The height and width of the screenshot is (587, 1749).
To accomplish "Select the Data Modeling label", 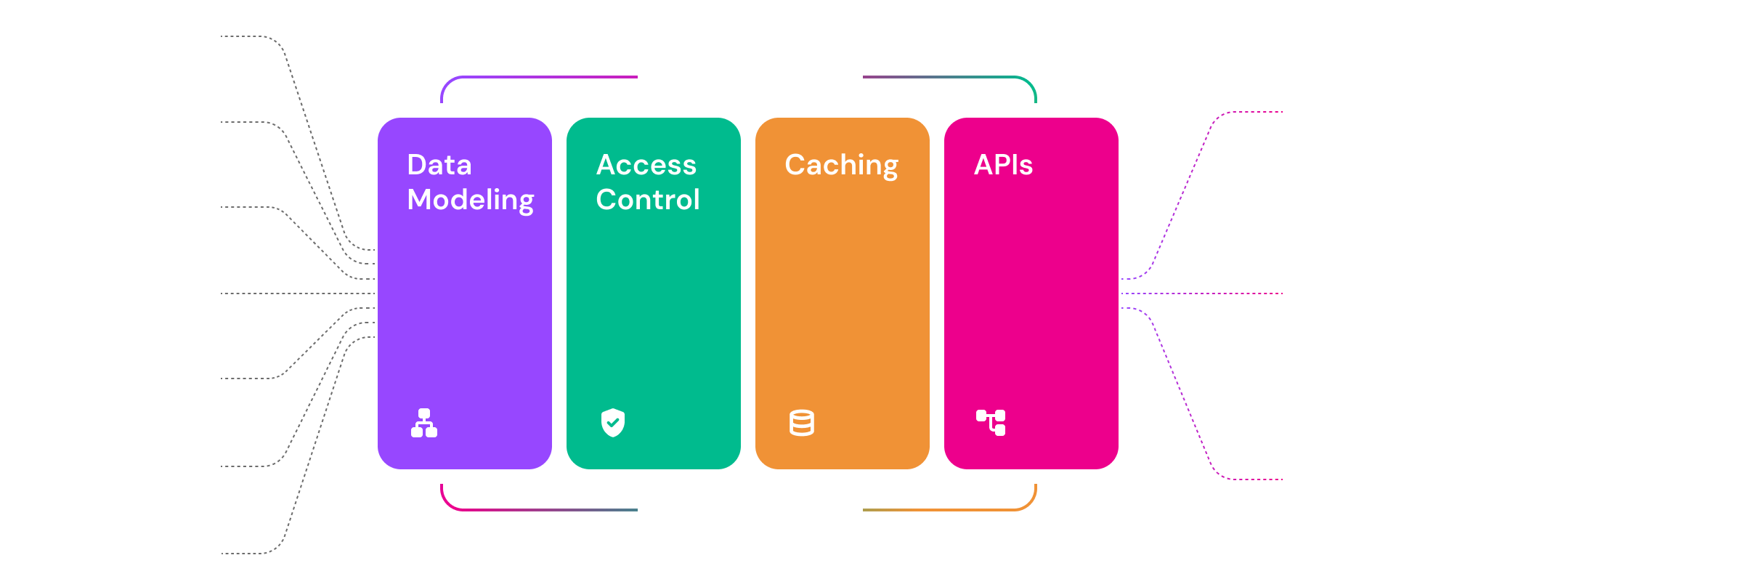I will (x=470, y=182).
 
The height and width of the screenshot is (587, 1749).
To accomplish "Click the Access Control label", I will (x=647, y=182).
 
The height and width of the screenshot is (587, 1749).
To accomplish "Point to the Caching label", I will (x=841, y=166).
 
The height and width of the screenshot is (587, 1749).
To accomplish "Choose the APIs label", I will (x=1003, y=165).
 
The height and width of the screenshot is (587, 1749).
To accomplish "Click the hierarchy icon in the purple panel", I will (x=424, y=423).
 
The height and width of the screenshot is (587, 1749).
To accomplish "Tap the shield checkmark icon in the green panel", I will (x=613, y=423).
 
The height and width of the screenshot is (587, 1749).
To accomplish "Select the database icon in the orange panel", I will (x=802, y=423).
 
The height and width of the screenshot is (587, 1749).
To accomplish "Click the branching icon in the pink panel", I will (x=991, y=422).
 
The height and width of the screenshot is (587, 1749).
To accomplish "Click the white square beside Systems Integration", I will (x=1360, y=293).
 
